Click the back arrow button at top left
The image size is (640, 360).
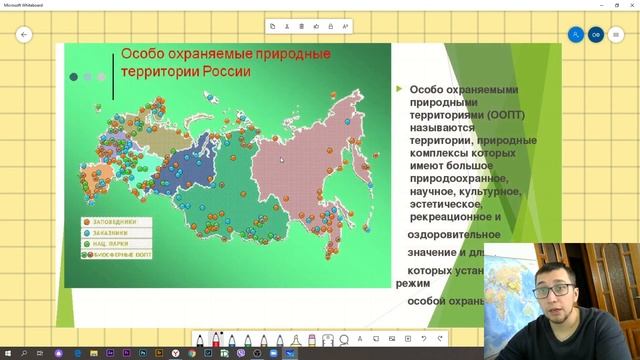pyautogui.click(x=24, y=34)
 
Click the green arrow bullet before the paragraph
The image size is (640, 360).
pyautogui.click(x=397, y=89)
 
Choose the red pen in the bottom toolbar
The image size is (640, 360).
pyautogui.click(x=218, y=338)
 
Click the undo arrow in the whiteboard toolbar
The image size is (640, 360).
pyautogui.click(x=423, y=337)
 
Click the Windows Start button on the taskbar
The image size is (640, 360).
pyautogui.click(x=7, y=354)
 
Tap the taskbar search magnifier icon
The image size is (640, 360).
pyautogui.click(x=24, y=354)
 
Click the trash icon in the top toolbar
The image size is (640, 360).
pyautogui.click(x=301, y=26)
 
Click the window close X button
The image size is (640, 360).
pyautogui.click(x=629, y=4)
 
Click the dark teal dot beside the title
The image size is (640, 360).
pyautogui.click(x=73, y=76)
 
